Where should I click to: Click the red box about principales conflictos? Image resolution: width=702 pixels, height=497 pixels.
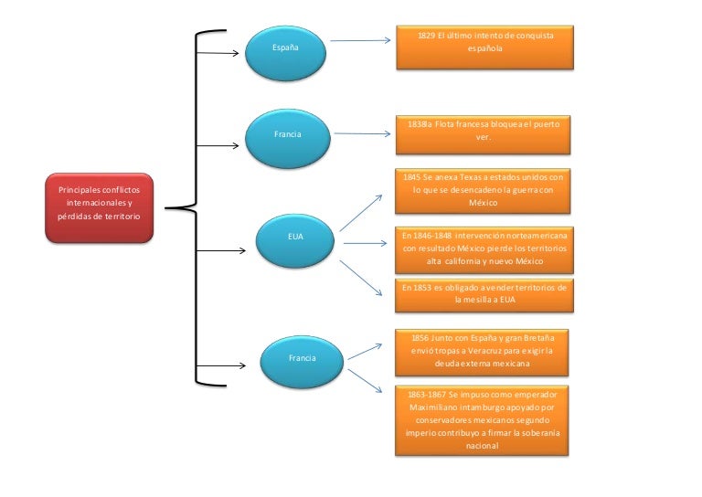tap(99, 208)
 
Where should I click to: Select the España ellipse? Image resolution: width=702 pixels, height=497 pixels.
tap(285, 53)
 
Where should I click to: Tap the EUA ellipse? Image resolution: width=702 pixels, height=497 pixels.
tap(295, 241)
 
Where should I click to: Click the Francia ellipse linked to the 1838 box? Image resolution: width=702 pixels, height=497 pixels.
tap(288, 139)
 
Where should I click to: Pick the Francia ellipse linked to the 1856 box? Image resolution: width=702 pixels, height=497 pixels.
tap(302, 362)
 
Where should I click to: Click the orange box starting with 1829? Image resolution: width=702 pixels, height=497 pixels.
tap(484, 48)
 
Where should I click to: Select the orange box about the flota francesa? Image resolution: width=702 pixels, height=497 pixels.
tap(483, 135)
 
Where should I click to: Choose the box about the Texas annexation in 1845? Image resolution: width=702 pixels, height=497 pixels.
tap(483, 191)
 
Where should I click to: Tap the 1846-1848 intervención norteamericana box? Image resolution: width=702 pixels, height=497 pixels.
tap(484, 250)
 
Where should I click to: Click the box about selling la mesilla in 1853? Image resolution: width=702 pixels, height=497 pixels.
tap(484, 295)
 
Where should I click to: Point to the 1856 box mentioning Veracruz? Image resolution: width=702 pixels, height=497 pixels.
tap(482, 353)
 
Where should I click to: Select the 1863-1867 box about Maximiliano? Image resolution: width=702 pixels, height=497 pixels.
tap(482, 420)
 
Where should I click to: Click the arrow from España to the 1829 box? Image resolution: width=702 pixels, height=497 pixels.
tap(360, 41)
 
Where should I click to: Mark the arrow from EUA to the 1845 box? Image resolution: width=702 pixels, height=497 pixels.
tap(361, 213)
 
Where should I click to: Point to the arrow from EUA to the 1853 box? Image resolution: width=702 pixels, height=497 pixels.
tap(361, 279)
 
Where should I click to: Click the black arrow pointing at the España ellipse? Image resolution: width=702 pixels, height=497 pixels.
tap(218, 53)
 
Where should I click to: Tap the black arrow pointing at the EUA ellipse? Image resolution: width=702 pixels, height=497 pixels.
tap(221, 250)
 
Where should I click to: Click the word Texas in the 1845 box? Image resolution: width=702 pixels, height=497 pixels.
tap(469, 177)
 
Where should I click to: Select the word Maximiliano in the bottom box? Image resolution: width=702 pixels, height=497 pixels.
tap(433, 407)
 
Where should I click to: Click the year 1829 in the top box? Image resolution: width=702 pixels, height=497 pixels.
tap(427, 36)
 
